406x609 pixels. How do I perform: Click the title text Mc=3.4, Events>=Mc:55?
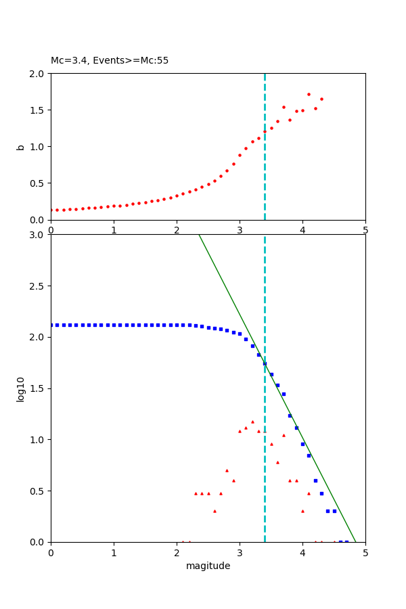click(110, 61)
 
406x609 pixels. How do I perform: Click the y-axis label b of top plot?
click(21, 146)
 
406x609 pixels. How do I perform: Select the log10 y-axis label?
click(21, 389)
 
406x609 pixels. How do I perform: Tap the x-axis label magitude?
click(208, 566)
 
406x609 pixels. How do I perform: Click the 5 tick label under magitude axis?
click(365, 553)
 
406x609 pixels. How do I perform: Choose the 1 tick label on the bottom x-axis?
click(114, 553)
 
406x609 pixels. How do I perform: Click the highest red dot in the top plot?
click(309, 94)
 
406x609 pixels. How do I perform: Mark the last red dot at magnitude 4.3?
click(321, 99)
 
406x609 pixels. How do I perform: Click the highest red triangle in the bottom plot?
click(252, 422)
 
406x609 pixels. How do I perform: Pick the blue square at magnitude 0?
click(51, 325)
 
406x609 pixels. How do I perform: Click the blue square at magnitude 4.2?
click(315, 480)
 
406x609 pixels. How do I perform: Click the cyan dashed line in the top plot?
click(265, 169)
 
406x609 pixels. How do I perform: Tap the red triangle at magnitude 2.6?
click(215, 511)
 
